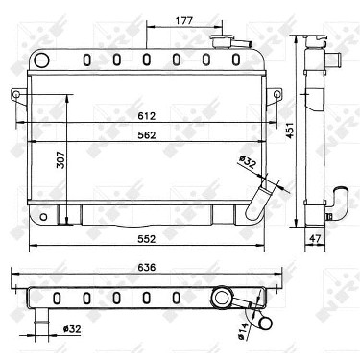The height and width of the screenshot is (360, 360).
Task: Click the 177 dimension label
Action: [183, 21]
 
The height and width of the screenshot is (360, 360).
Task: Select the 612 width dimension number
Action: [147, 115]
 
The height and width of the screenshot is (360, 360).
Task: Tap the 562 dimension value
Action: [147, 135]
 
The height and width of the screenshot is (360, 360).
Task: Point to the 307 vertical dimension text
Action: [60, 159]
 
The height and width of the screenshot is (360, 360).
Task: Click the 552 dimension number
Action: [147, 239]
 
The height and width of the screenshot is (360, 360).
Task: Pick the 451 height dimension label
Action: [290, 131]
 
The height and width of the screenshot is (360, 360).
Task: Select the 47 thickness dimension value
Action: [315, 238]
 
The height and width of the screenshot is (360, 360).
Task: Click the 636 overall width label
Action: [147, 267]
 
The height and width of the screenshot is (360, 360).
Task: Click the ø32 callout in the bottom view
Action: [72, 328]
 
